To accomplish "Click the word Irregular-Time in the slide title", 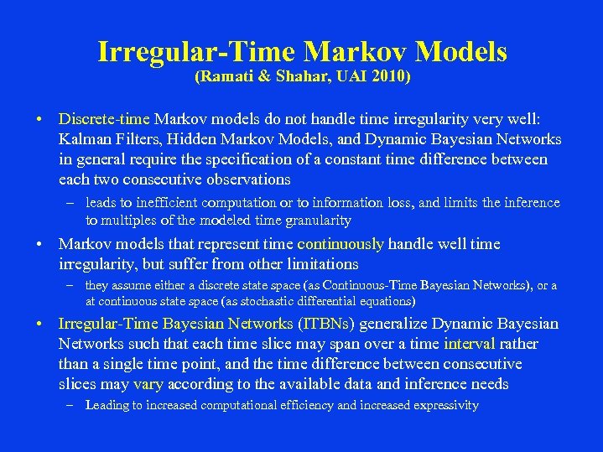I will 197,52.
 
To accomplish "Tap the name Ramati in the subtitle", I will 222,77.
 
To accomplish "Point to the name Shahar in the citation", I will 293,77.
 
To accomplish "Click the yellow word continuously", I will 340,244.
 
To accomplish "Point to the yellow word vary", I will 148,384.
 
